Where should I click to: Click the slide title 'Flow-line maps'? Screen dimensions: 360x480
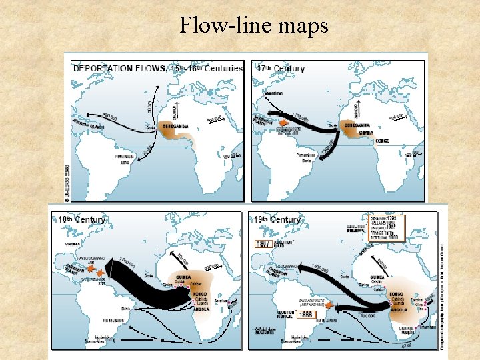click(253, 26)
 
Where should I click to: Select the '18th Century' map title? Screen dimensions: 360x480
click(82, 219)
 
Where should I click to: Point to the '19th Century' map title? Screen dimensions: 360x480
click(277, 219)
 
